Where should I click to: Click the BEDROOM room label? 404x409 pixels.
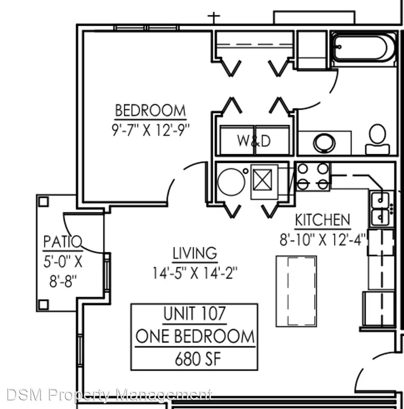point(150,110)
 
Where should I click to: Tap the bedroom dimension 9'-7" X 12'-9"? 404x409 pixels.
point(150,130)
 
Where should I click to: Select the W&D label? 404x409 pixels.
point(254,141)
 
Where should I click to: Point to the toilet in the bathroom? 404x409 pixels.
point(377,139)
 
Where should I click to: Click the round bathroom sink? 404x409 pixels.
point(324,143)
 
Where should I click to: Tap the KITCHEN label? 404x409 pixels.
point(322,220)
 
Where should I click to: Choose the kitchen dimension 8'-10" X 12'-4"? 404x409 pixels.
point(323,239)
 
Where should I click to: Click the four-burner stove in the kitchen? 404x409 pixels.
point(313,176)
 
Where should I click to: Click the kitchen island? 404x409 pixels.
point(296,291)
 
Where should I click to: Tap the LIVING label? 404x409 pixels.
point(195,253)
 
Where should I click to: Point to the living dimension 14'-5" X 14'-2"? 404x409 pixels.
point(195,273)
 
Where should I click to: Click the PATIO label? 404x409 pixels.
point(62,242)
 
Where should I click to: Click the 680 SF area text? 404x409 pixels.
point(198,359)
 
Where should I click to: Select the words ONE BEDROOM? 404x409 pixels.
point(195,336)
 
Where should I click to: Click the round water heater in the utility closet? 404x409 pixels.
point(231,182)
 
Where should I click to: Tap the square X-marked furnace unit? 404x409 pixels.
point(262,180)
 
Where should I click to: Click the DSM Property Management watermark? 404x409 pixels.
point(109,395)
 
